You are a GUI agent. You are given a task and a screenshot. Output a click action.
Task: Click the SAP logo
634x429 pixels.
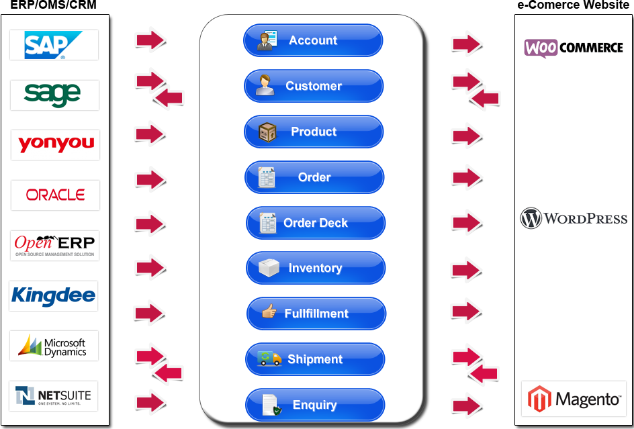click(x=54, y=45)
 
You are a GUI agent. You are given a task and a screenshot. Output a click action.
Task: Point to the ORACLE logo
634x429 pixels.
click(x=55, y=195)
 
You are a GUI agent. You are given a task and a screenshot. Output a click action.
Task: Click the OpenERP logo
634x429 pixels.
click(x=55, y=245)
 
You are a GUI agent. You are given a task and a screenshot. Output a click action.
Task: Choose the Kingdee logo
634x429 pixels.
click(x=53, y=295)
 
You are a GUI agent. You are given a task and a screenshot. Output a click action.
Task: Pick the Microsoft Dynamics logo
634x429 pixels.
click(x=54, y=346)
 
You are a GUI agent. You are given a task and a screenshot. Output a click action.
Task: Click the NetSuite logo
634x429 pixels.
click(x=53, y=396)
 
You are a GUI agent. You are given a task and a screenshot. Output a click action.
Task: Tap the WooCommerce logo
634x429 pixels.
click(x=574, y=48)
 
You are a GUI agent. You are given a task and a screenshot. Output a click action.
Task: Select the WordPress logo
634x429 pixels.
click(x=574, y=218)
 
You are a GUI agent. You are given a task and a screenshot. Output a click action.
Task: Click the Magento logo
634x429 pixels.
click(x=574, y=399)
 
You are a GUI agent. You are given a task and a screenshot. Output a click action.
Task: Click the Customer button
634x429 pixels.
click(x=314, y=86)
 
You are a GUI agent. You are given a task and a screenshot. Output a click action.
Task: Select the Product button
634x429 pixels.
click(x=314, y=132)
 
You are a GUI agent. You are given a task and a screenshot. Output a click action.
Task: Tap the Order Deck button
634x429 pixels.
click(x=315, y=223)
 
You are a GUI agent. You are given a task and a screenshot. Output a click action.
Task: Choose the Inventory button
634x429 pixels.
click(x=315, y=268)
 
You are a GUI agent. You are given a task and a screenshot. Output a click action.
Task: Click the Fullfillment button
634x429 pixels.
click(x=316, y=314)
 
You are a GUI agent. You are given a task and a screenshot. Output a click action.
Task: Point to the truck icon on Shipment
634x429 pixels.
click(x=269, y=359)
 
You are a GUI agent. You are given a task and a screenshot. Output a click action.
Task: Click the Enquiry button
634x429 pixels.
click(x=314, y=405)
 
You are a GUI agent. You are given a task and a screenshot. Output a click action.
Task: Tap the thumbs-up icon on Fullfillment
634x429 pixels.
click(x=269, y=312)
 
